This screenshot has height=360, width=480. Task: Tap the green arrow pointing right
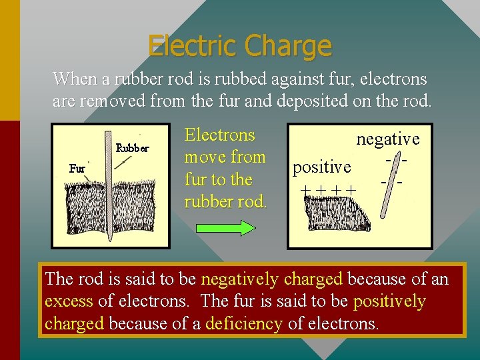229,228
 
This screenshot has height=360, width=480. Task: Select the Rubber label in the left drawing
133,148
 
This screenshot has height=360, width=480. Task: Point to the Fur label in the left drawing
77,169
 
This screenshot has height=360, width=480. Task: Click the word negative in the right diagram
388,139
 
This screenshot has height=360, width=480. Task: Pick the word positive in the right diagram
322,167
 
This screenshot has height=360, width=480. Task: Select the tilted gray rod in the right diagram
391,187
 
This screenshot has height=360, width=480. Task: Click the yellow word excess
69,301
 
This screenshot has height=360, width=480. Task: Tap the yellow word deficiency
244,323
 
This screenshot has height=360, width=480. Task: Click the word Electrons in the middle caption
219,135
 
